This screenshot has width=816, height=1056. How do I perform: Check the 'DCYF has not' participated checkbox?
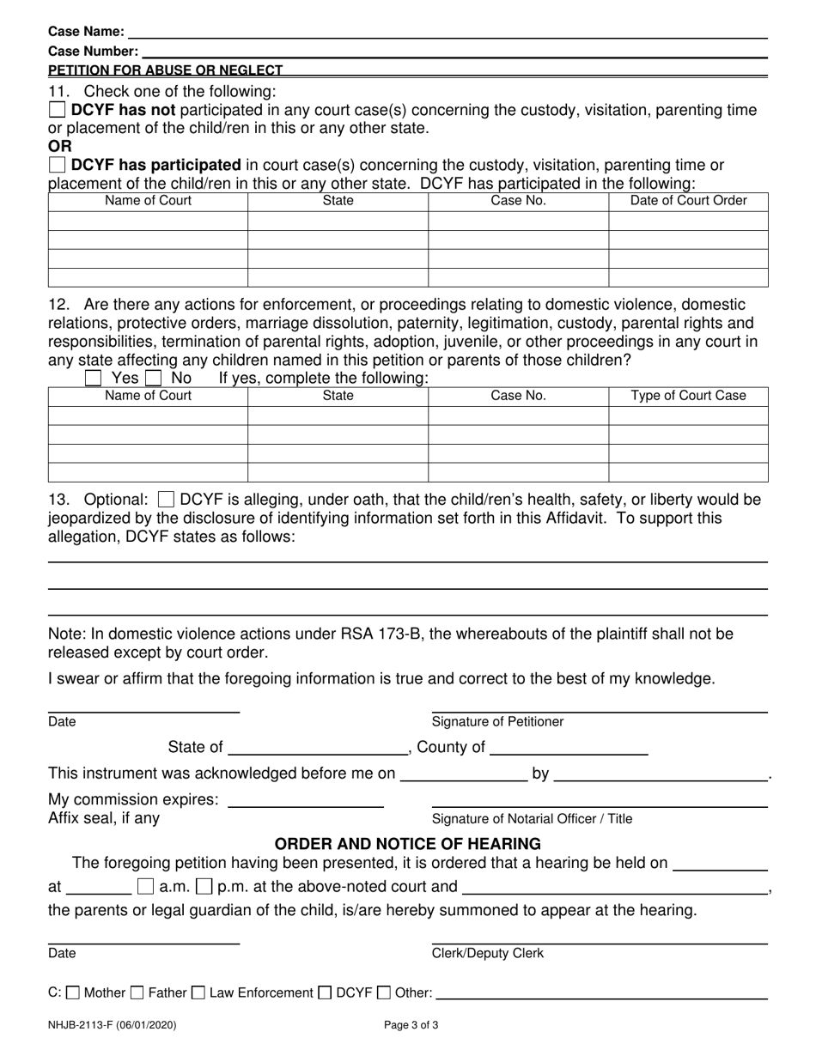coord(57,110)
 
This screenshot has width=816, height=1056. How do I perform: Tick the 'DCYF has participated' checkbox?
coord(57,164)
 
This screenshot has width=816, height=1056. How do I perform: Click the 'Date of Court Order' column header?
coord(688,201)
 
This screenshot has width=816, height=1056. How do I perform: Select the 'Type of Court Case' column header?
coord(688,396)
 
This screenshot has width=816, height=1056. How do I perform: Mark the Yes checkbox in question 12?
coord(94,378)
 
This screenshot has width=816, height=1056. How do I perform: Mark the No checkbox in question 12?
coord(154,378)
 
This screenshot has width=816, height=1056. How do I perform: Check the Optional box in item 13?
coord(167,500)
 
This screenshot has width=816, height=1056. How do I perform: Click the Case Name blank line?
coord(447,32)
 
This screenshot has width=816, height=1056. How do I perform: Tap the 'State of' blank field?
coord(319,748)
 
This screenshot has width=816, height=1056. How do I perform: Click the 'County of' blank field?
coord(568,748)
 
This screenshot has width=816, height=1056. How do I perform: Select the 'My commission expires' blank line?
coord(305,800)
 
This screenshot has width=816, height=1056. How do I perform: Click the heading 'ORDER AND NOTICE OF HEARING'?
coord(407,844)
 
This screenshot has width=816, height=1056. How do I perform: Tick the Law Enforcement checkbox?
coord(198,993)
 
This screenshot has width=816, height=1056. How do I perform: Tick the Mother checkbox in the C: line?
coord(73,993)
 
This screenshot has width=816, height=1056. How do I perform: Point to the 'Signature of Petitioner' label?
coord(497,722)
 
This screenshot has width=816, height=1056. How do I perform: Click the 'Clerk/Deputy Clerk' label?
coord(487,954)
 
